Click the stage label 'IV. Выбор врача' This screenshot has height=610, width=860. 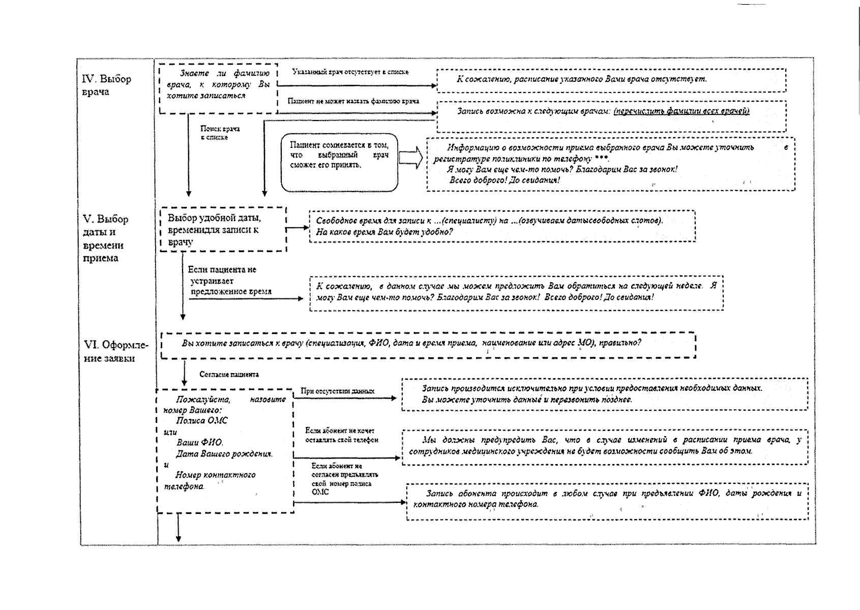(x=107, y=85)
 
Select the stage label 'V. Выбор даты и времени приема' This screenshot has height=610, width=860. (x=105, y=238)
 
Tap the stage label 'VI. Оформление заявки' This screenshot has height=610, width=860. (x=116, y=351)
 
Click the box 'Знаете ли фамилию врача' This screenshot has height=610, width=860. (x=219, y=87)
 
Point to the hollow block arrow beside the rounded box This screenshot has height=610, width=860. (x=410, y=158)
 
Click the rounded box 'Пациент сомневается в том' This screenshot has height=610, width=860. (x=339, y=162)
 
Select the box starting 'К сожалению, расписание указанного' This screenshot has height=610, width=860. (x=611, y=80)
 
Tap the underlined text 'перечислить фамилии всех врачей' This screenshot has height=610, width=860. (x=681, y=111)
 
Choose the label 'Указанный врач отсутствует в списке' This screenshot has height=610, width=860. (x=350, y=72)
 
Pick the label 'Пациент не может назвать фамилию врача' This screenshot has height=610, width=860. (x=353, y=101)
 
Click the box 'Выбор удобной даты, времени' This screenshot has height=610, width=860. (x=223, y=229)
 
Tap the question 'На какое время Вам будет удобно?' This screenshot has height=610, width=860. (x=384, y=232)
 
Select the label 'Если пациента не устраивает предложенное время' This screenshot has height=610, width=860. (x=230, y=281)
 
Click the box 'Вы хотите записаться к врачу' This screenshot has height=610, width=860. (x=428, y=345)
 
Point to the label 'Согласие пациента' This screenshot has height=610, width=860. (x=229, y=375)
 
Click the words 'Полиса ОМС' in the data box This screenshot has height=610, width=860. (x=202, y=420)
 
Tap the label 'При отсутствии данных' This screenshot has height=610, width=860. (x=337, y=391)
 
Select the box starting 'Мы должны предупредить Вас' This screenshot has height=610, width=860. (x=605, y=446)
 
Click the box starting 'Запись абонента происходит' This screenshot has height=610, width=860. (x=607, y=499)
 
